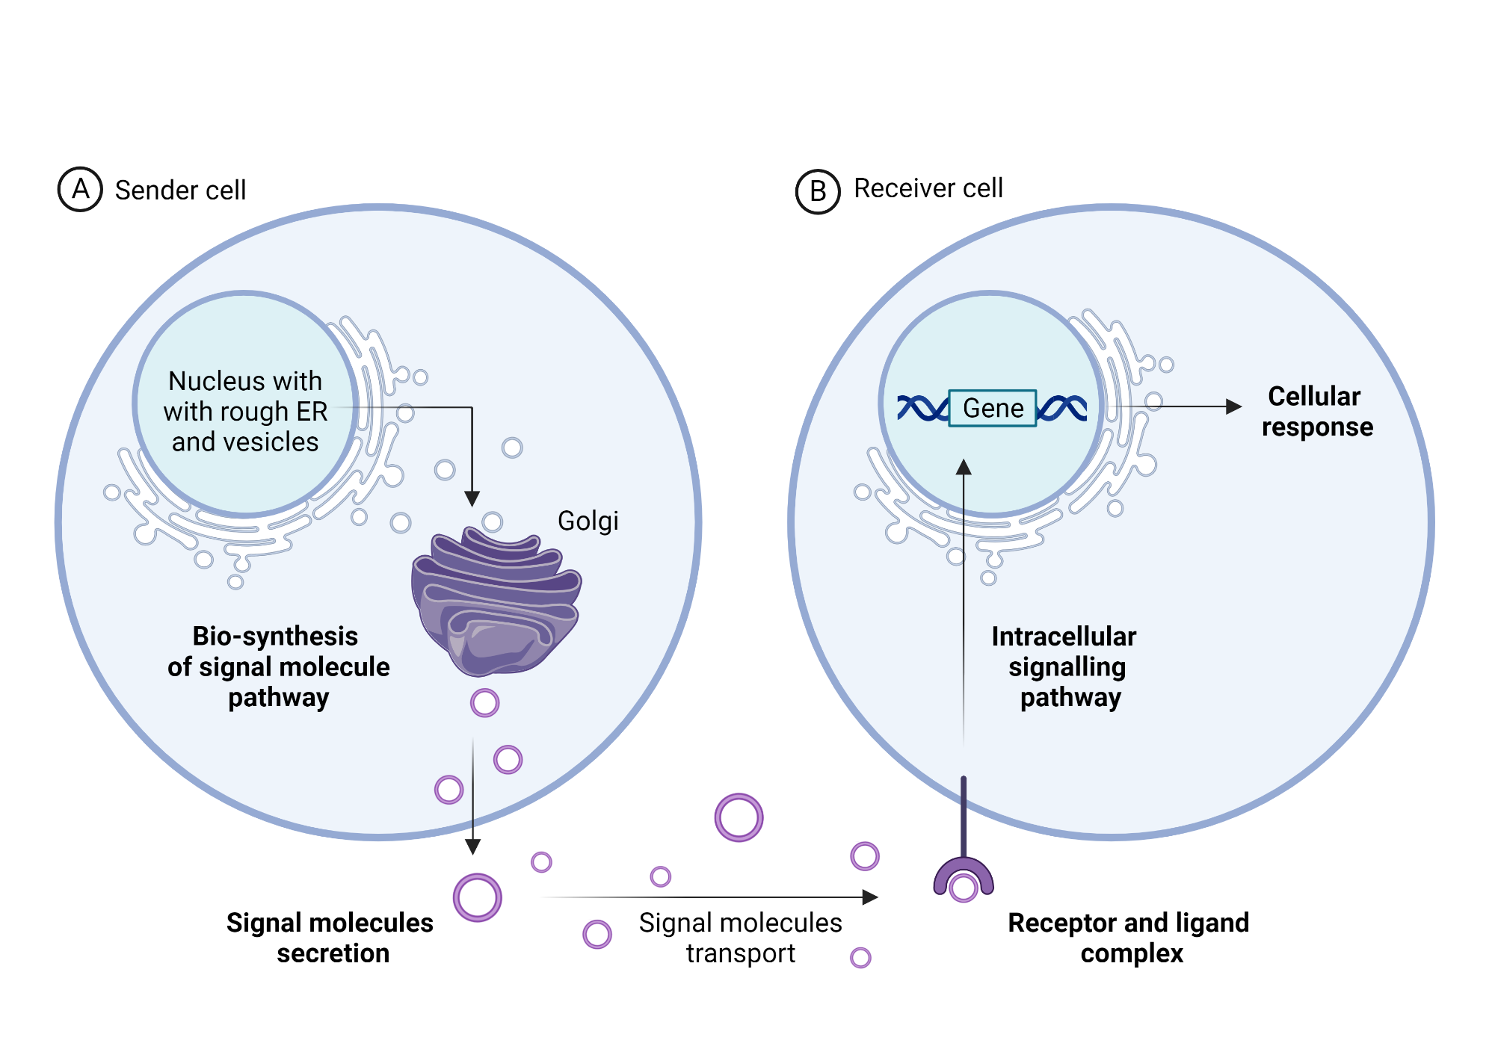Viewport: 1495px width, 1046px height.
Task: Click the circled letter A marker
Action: pyautogui.click(x=80, y=189)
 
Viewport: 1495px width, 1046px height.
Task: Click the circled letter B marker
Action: pyautogui.click(x=818, y=191)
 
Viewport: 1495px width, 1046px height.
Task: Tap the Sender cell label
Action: pyautogui.click(x=180, y=191)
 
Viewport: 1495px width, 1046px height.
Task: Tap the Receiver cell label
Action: pyautogui.click(x=928, y=188)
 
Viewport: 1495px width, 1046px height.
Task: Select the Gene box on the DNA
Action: pyautogui.click(x=992, y=408)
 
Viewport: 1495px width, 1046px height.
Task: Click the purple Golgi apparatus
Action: pyautogui.click(x=495, y=601)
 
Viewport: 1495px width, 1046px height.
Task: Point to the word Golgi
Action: pyautogui.click(x=588, y=521)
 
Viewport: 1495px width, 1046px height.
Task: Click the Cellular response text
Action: pyautogui.click(x=1316, y=411)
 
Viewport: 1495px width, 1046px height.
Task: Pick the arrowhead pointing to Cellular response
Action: pyautogui.click(x=1234, y=406)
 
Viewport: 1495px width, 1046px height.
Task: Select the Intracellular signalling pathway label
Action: pyautogui.click(x=1066, y=666)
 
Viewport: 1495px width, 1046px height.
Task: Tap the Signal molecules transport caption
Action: pyautogui.click(x=740, y=938)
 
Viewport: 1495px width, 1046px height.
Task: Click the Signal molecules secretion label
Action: pyautogui.click(x=330, y=938)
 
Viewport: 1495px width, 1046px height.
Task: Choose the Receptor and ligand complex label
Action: pyautogui.click(x=1129, y=938)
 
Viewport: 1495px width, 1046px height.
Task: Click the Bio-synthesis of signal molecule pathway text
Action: pyautogui.click(x=278, y=666)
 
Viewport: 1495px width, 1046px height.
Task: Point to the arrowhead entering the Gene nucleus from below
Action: pyautogui.click(x=964, y=467)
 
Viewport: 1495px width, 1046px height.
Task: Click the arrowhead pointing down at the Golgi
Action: pyautogui.click(x=472, y=498)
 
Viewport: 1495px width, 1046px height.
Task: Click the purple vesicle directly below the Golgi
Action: pyautogui.click(x=484, y=702)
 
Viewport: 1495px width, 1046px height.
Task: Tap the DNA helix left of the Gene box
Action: pyautogui.click(x=922, y=408)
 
